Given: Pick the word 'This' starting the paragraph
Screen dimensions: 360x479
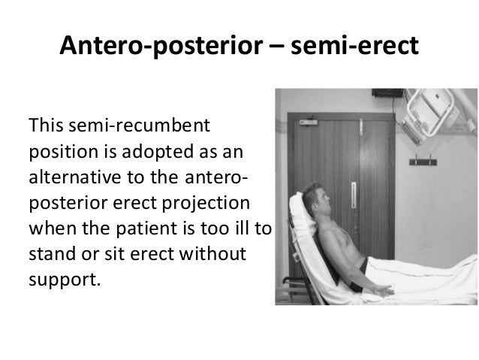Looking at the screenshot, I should tap(43, 123).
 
